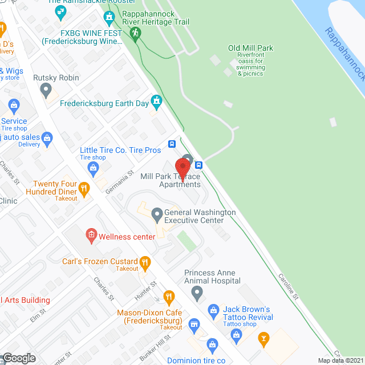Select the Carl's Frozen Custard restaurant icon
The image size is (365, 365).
point(145,263)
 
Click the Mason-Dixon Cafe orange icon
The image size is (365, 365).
point(168,297)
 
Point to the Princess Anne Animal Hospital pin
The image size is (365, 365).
point(197,294)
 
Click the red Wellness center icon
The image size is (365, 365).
point(91,234)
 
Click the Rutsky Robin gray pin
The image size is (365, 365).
point(47,90)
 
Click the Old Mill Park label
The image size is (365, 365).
point(250,48)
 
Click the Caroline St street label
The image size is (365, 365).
point(288,286)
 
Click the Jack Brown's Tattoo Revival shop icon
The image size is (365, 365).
point(213,310)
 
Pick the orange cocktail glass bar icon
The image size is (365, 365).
point(263,338)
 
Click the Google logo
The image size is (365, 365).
point(18,358)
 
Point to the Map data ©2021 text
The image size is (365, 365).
point(340,360)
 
